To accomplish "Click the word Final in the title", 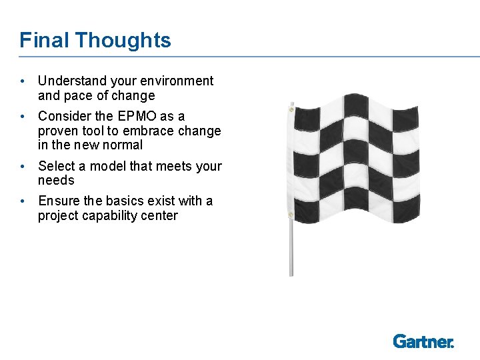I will [44, 40].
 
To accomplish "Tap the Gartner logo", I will [423, 341].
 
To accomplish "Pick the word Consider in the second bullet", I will [63, 117].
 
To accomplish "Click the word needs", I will [56, 181].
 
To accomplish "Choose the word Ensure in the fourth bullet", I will [59, 201].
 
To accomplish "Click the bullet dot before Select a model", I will [23, 166].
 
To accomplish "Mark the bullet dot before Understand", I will [23, 81].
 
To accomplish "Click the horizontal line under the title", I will [240, 57].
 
